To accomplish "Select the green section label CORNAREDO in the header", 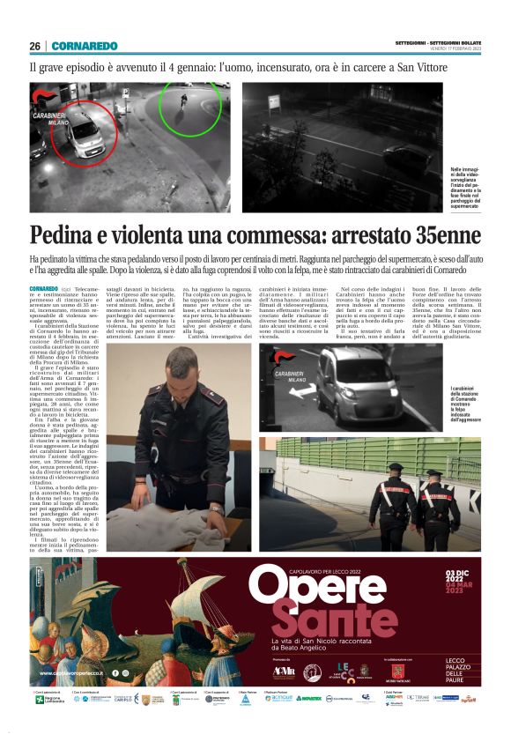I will (84, 46).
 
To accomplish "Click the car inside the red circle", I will (78, 132).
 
